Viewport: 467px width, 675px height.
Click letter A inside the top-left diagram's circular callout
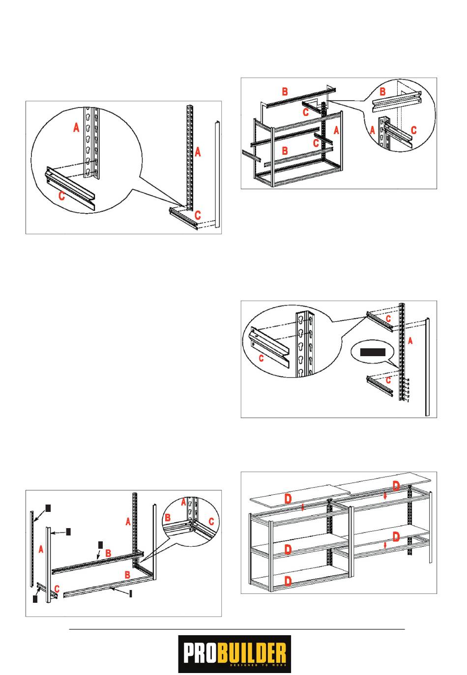tap(76, 128)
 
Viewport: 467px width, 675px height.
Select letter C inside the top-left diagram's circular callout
tap(61, 196)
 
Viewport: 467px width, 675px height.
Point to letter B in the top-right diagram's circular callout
tap(382, 91)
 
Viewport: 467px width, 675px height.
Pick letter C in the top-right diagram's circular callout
tap(413, 130)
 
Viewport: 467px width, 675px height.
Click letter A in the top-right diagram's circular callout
tap(372, 130)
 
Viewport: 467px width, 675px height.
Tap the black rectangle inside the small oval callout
tap(372, 352)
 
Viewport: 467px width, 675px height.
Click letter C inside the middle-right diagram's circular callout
tap(261, 359)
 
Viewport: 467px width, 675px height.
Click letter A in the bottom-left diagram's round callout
tap(183, 503)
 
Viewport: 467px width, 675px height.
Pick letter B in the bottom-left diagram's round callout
tap(167, 518)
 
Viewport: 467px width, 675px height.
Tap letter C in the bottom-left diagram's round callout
tap(211, 522)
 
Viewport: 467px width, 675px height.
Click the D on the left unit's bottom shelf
tap(288, 582)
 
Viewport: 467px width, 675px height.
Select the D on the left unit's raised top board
tap(288, 499)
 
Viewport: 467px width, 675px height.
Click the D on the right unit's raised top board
tap(396, 486)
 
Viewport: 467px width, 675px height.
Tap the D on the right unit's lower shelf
tap(396, 537)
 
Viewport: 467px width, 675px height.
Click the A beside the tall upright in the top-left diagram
tap(198, 152)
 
